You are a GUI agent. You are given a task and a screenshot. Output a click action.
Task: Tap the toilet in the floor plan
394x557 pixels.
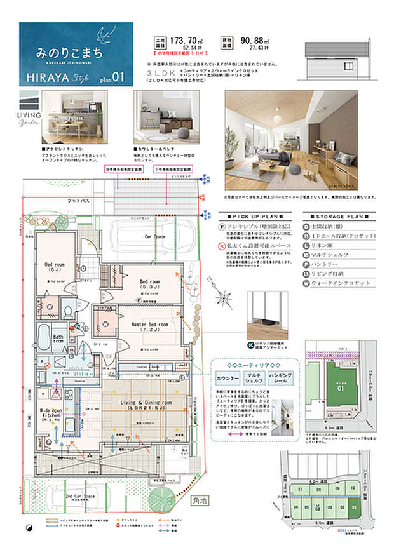tap(68, 311)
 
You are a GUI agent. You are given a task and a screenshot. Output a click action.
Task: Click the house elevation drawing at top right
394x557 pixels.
tap(338, 59)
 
